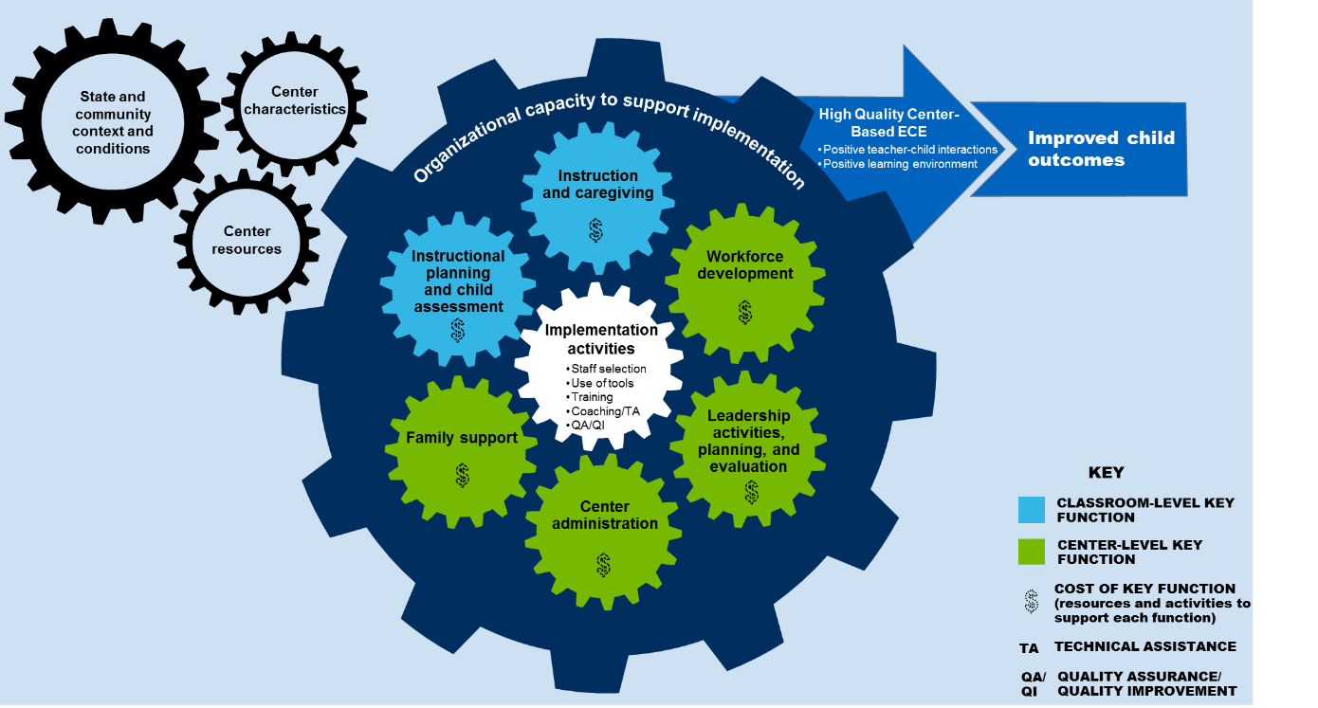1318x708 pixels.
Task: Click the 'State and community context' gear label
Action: click(x=114, y=122)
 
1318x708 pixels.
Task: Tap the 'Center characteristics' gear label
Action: click(x=295, y=100)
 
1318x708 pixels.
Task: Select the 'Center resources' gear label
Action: click(x=247, y=240)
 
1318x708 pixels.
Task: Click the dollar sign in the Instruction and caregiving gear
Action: click(x=595, y=230)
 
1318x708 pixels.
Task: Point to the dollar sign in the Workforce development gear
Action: click(x=745, y=312)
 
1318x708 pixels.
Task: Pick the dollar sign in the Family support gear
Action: click(x=462, y=475)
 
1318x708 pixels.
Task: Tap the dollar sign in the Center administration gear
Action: click(x=603, y=565)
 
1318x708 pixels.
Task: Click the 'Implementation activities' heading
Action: click(x=600, y=339)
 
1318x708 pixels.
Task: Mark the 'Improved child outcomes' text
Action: click(x=1101, y=149)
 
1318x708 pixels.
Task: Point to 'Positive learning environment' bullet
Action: click(x=900, y=164)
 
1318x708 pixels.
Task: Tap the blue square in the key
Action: click(x=1031, y=510)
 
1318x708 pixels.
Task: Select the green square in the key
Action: click(x=1031, y=552)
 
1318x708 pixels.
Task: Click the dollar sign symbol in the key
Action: click(x=1032, y=602)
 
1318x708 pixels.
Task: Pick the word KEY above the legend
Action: click(x=1106, y=473)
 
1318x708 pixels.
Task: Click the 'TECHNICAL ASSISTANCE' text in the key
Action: click(x=1144, y=646)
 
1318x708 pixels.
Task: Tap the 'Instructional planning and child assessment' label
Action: click(x=458, y=281)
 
